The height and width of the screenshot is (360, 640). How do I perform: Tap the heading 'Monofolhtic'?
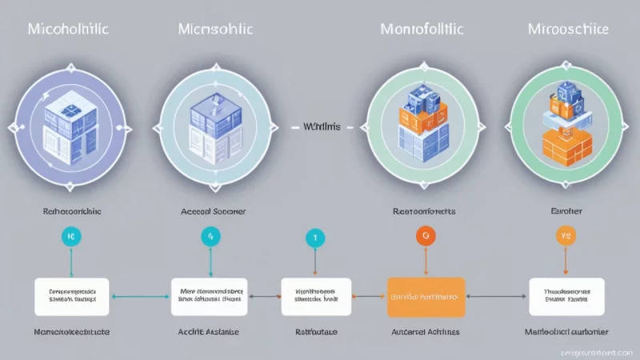coord(421,30)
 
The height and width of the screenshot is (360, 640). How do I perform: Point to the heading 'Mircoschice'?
coord(569,30)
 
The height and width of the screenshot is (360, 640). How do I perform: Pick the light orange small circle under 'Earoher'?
coord(566,236)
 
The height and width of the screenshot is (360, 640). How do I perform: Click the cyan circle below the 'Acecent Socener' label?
coord(211,237)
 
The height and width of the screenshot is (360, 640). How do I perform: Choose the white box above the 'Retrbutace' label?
coord(316,296)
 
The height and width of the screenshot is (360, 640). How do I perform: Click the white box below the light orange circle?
coord(566,296)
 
